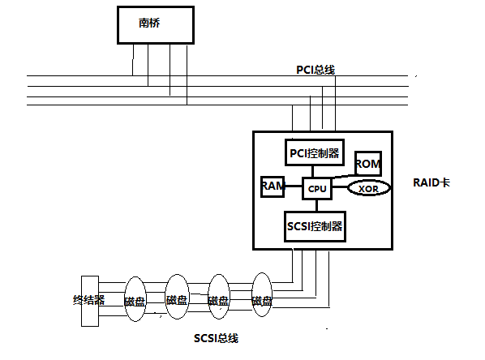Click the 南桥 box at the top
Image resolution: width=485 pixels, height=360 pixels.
coord(156,25)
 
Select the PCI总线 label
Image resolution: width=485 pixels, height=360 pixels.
coord(315,70)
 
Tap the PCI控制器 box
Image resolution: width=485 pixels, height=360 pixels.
coord(315,152)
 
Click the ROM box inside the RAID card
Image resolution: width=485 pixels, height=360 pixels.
coord(368,164)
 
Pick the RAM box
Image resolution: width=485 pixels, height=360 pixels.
coord(273,186)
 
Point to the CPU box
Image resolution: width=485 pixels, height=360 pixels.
coord(317,188)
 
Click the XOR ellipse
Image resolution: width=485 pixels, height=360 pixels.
coord(369,188)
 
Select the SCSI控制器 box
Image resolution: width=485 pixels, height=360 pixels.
coord(315,227)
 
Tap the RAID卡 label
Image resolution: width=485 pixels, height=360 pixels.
coord(431,182)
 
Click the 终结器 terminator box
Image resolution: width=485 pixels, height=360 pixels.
coord(90,301)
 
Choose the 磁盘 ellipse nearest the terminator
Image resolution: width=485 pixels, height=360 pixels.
coord(135,299)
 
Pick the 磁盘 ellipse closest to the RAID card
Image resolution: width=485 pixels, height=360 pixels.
coord(262,295)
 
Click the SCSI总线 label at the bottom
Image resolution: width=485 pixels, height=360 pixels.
coord(216,338)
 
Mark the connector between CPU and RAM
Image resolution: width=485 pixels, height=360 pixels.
coord(294,186)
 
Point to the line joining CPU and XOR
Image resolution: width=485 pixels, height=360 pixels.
coord(341,186)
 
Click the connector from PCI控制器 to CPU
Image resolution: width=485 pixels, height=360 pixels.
coord(313,172)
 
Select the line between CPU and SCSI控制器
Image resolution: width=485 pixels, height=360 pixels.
coord(317,206)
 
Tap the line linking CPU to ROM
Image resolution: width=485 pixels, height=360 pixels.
coord(344,176)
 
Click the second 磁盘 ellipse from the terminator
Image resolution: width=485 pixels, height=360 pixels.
coord(178,297)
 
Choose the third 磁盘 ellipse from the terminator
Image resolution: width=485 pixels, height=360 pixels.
coord(219,296)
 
